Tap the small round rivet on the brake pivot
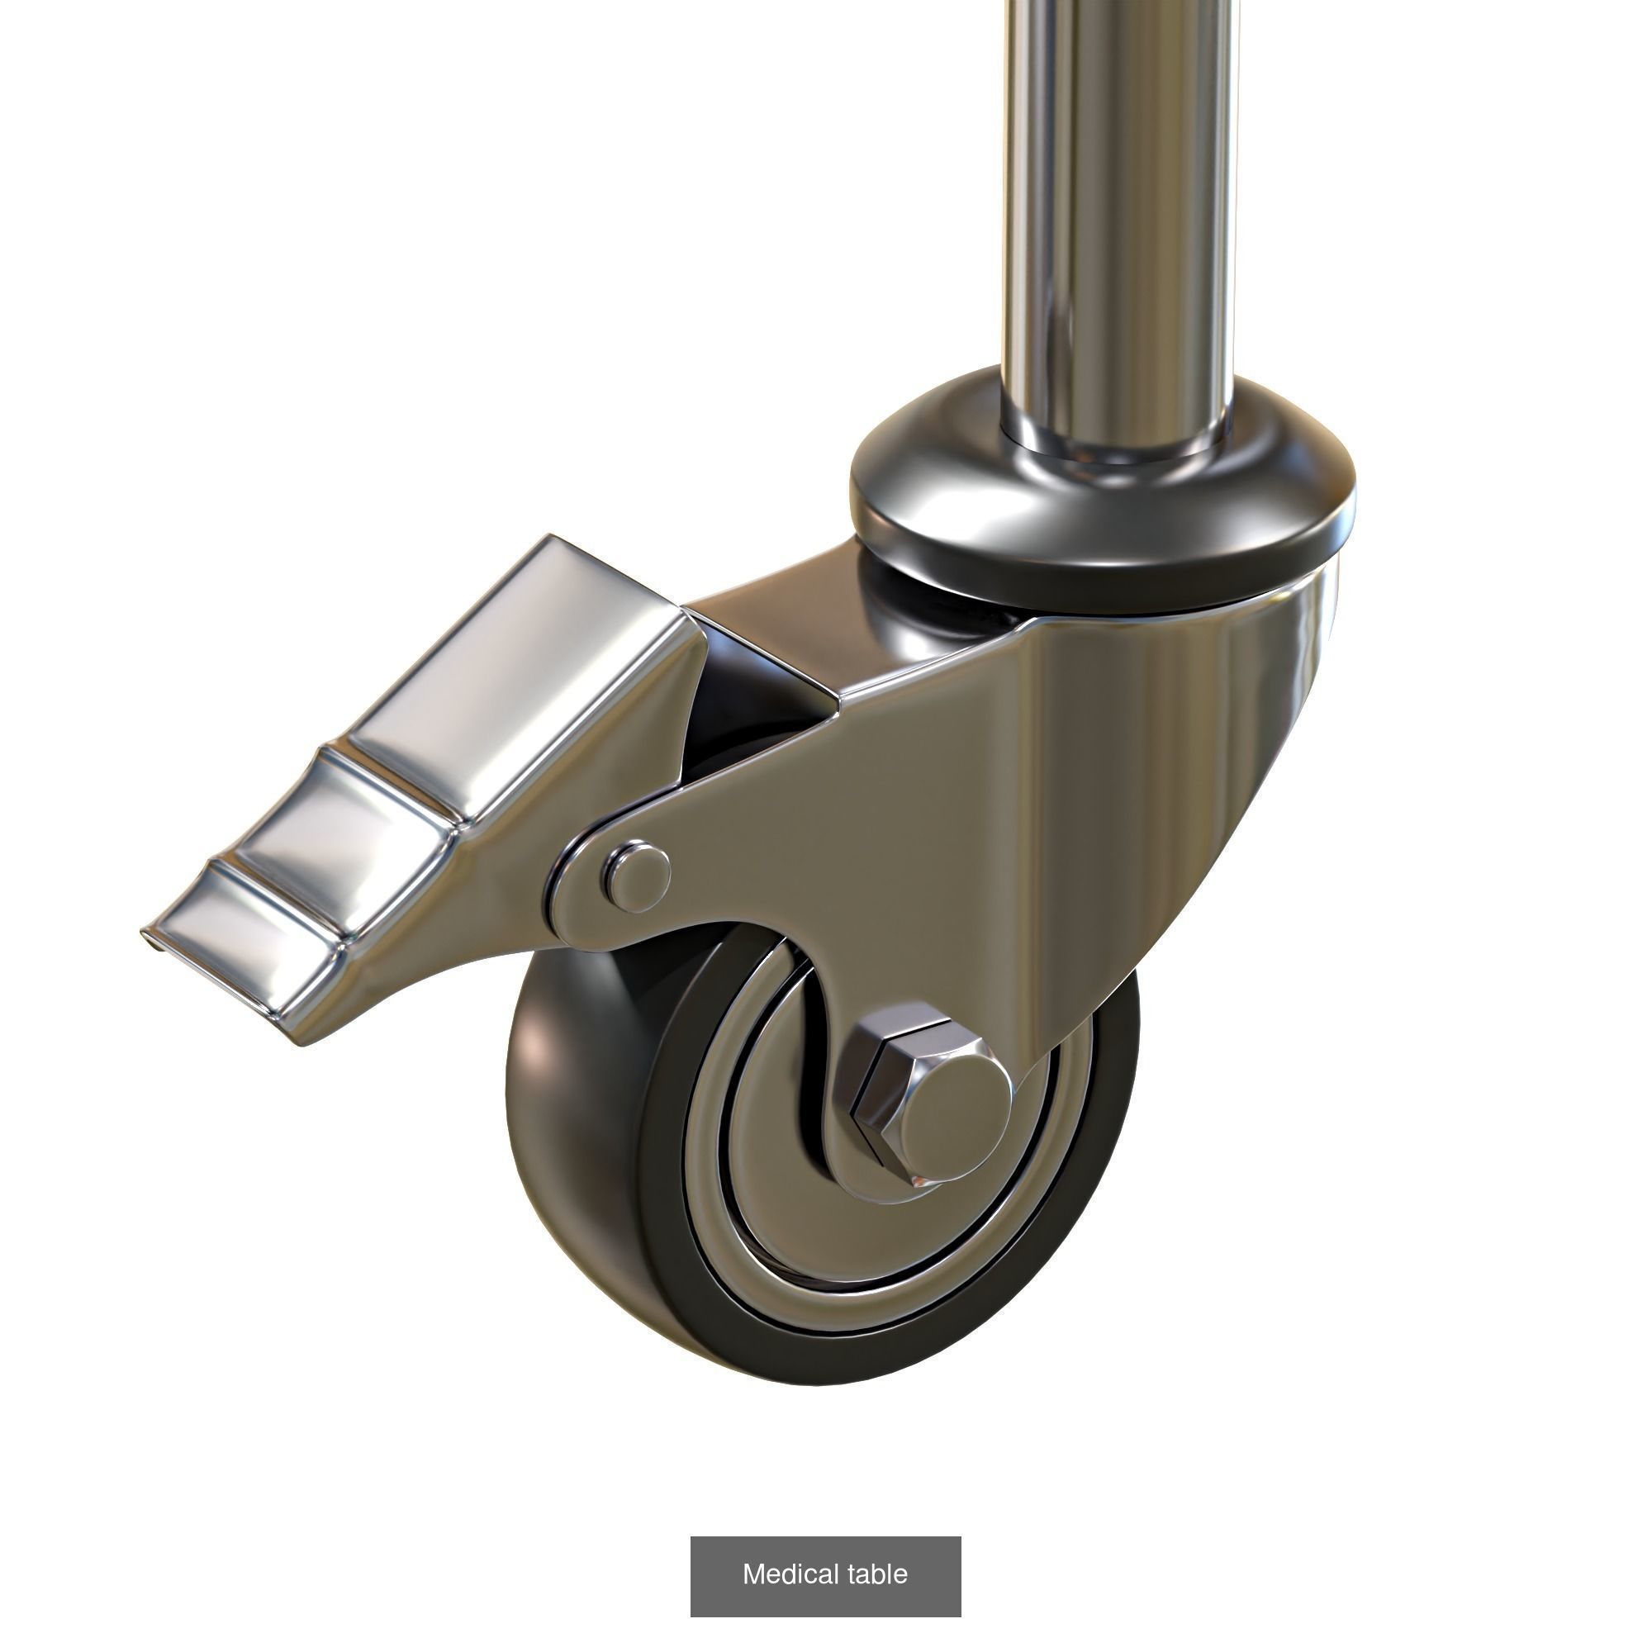635,876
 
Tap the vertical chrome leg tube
1120,214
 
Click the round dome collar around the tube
1103,521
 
